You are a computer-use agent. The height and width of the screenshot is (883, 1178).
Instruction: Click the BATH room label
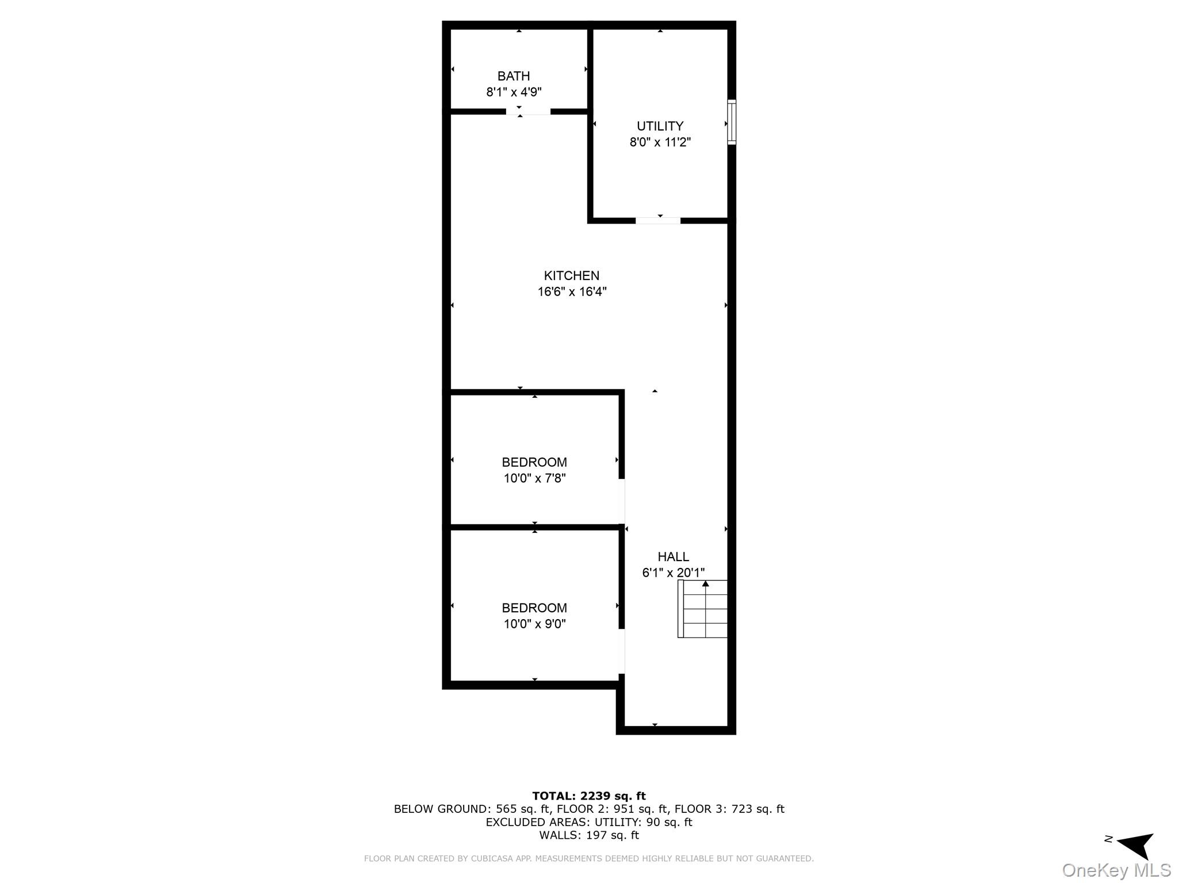513,76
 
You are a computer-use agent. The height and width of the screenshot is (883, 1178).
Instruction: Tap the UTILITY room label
660,126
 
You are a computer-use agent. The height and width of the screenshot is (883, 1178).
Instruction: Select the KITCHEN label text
571,275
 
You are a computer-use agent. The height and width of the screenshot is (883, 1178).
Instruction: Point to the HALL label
673,556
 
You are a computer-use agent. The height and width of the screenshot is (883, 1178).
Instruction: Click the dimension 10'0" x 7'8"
534,478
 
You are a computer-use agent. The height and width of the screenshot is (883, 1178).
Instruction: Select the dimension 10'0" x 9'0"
534,624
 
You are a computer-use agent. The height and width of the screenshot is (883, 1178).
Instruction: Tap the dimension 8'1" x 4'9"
513,92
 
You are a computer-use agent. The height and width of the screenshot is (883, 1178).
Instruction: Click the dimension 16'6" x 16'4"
571,291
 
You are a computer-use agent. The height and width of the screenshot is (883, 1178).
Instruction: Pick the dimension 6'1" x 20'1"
673,573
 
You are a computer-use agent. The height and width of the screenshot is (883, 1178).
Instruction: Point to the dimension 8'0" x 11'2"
660,142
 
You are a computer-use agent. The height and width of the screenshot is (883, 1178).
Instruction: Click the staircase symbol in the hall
703,609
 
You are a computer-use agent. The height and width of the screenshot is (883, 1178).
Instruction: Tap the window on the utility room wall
732,122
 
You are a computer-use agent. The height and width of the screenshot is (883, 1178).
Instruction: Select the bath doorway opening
528,112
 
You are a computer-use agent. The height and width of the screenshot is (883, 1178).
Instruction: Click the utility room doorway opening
657,221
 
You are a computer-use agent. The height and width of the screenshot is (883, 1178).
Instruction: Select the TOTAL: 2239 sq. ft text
588,796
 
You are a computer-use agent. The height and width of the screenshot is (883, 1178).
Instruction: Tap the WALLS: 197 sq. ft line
588,835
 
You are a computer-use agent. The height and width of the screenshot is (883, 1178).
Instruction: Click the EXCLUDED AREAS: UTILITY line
588,822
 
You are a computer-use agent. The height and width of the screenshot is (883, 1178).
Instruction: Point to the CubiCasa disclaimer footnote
588,858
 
